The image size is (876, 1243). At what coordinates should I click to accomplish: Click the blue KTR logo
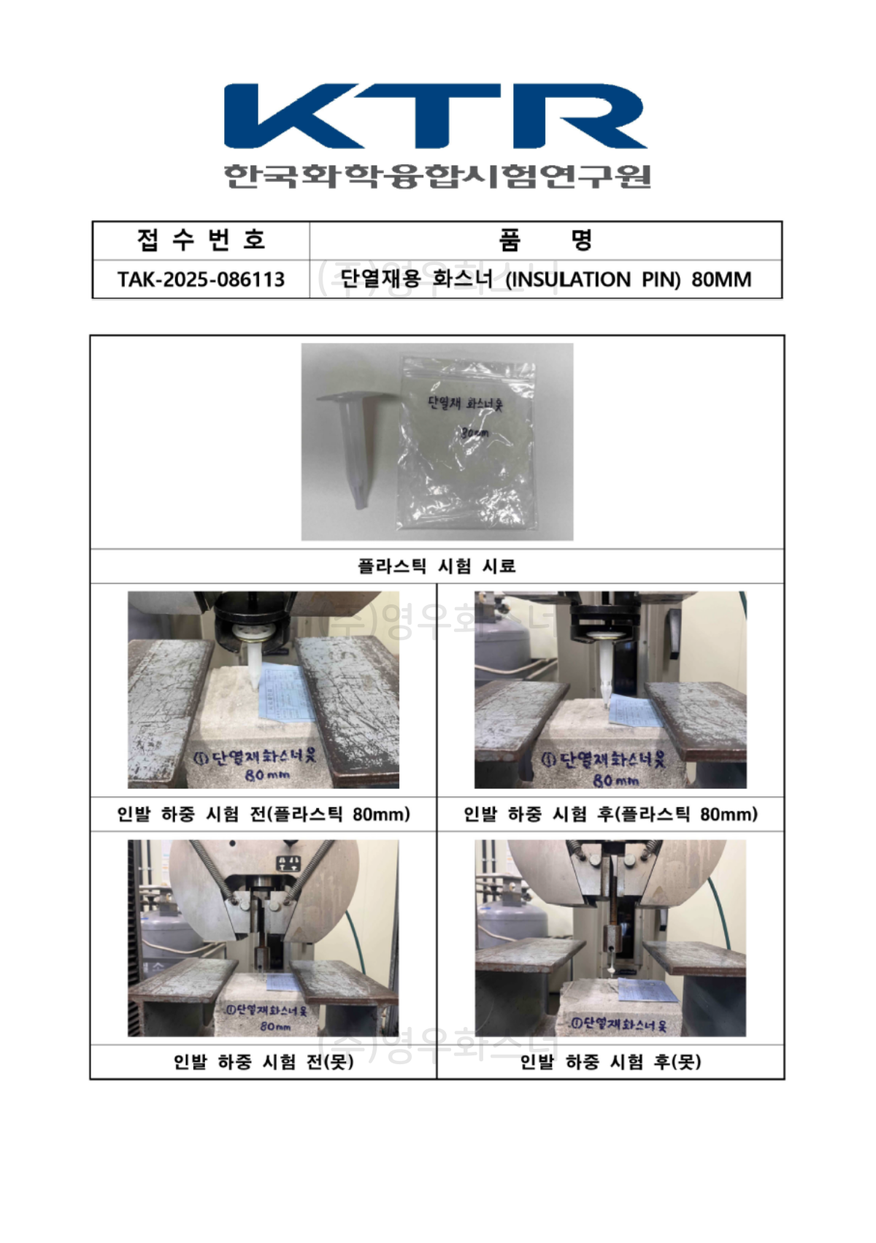point(435,116)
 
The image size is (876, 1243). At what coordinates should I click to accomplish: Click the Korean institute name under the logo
point(437,176)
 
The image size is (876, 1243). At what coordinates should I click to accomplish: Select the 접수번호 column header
point(201,239)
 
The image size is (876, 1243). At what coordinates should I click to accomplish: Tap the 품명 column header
point(545,239)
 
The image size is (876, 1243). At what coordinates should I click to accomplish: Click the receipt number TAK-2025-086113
point(201,280)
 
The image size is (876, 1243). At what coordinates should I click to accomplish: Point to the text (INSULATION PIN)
point(568,280)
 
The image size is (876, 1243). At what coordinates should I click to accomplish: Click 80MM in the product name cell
point(721,280)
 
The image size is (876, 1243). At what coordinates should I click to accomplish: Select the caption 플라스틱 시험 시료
point(437,566)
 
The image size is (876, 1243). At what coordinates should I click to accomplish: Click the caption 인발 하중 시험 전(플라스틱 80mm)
point(264,814)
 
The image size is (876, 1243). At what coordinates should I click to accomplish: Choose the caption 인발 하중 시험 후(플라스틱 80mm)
point(610,814)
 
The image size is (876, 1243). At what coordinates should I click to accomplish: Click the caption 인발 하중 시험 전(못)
point(264,1061)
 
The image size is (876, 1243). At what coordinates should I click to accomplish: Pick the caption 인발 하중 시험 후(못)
point(610,1061)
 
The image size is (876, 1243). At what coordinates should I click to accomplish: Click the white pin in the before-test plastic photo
point(253,664)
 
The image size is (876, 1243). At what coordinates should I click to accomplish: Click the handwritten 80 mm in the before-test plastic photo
point(267,774)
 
